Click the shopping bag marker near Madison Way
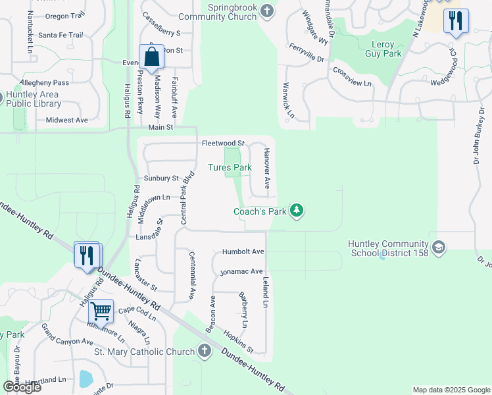tap(151, 57)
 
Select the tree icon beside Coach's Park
tap(297, 211)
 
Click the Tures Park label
tap(230, 167)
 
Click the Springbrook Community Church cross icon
tap(266, 11)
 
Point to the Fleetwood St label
tap(223, 143)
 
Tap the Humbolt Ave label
tap(243, 251)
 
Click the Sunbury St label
tap(161, 178)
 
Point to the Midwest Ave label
tap(66, 120)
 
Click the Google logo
tap(22, 386)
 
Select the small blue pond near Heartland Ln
tap(86, 379)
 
